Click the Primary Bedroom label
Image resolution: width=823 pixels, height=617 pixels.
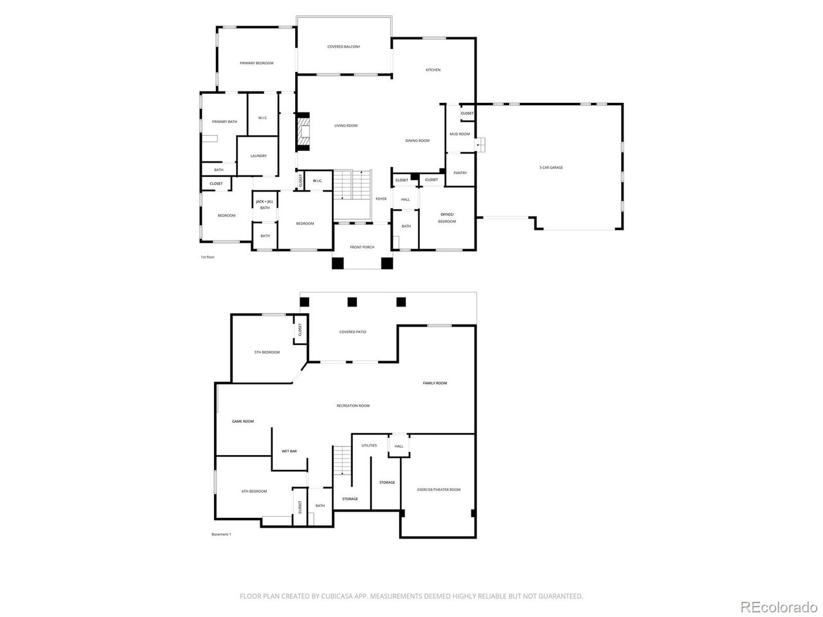pos(257,63)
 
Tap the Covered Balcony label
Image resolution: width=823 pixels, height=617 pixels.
pos(343,47)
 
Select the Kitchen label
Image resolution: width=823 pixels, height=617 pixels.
pos(433,70)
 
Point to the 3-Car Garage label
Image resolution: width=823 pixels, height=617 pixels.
pos(551,168)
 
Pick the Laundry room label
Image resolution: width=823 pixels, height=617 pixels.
pos(258,156)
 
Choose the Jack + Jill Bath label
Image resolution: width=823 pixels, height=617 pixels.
pos(265,204)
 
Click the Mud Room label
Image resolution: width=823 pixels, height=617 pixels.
pos(459,134)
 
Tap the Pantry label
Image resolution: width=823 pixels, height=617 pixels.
pos(460,173)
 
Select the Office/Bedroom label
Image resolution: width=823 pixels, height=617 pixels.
pos(447,218)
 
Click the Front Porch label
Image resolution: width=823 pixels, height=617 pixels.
pos(362,247)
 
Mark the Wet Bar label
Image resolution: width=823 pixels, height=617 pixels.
pos(289,451)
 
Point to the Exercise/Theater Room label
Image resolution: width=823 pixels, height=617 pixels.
pos(437,490)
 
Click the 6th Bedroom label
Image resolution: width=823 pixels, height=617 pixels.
pos(254,491)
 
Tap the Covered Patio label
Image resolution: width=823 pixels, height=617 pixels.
pos(352,332)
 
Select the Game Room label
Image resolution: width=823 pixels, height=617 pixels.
pos(243,422)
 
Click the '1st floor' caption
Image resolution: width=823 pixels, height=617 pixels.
pos(207,257)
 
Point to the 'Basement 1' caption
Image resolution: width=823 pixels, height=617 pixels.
pos(221,535)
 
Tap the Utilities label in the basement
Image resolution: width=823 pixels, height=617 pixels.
pos(369,445)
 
